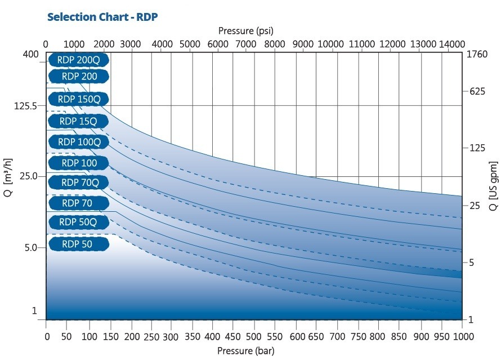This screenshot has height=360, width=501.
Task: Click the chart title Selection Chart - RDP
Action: (x=102, y=16)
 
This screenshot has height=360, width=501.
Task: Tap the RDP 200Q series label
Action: (x=78, y=59)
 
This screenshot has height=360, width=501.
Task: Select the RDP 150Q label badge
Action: (x=78, y=99)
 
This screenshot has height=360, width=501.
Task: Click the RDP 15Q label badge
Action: (x=78, y=121)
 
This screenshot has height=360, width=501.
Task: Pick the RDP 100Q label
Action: (x=78, y=142)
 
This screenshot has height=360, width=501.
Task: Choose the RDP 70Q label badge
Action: (x=78, y=183)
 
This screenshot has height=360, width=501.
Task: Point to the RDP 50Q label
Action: (x=78, y=222)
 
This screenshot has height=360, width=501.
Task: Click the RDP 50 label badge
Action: (x=78, y=244)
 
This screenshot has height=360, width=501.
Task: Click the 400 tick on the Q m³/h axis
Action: (x=31, y=55)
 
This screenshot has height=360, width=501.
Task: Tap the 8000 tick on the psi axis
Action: (x=274, y=44)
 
